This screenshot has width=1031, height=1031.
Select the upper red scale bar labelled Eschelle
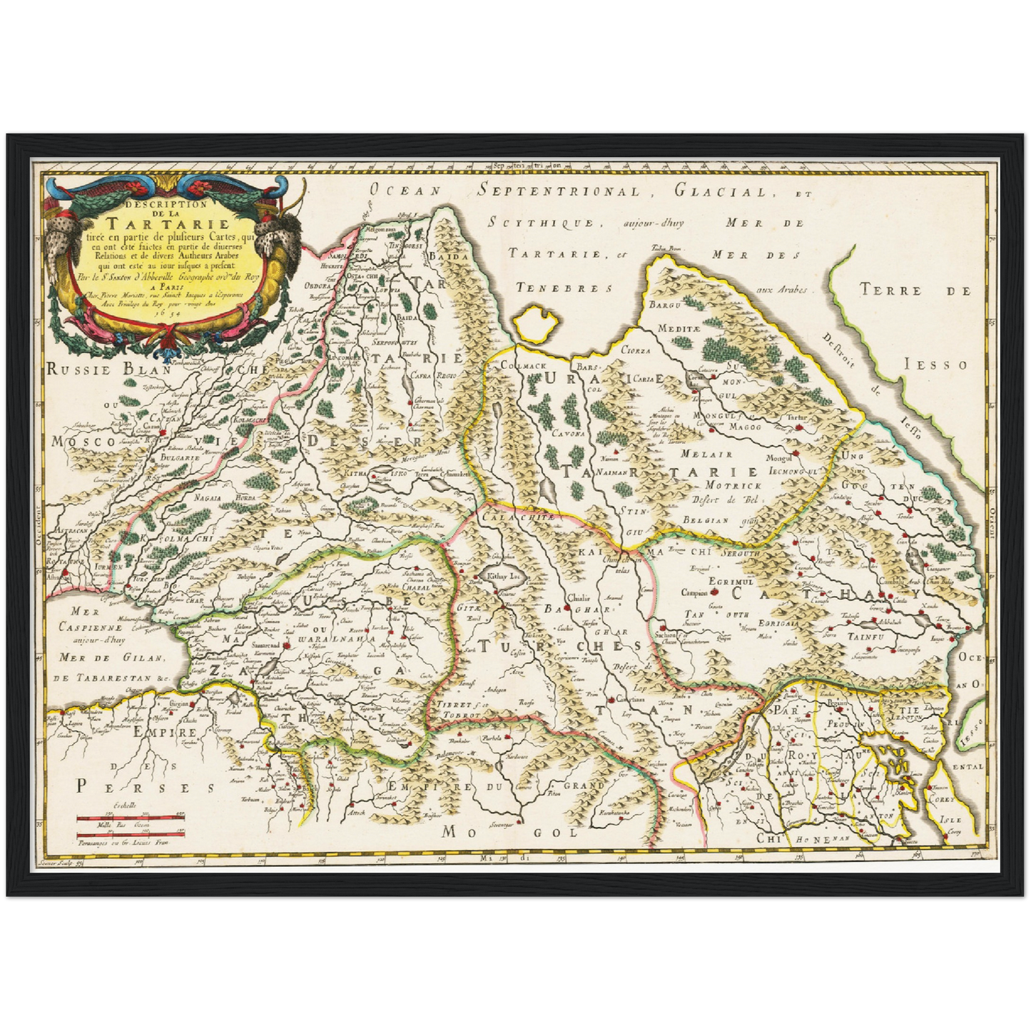[x=131, y=818]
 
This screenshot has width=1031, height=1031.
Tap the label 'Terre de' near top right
[x=915, y=290]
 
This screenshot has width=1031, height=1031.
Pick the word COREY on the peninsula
[x=945, y=800]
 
